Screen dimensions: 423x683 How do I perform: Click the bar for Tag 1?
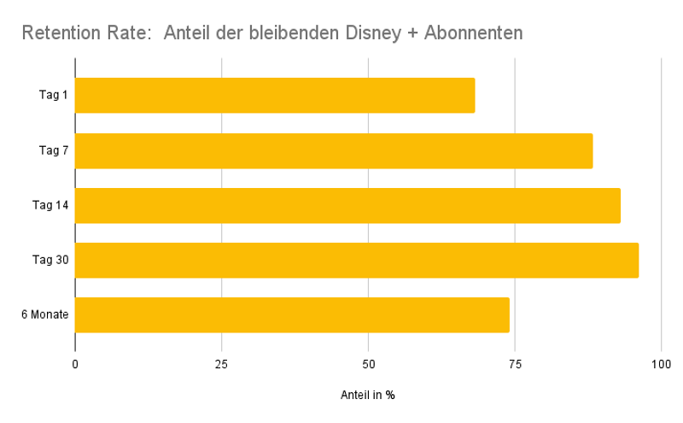275,95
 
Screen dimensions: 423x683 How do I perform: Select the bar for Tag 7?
334,150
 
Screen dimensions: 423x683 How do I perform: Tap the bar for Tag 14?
347,205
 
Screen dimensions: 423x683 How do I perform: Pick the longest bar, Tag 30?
357,260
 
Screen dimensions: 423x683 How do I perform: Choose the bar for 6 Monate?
292,314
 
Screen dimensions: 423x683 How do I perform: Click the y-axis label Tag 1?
54,95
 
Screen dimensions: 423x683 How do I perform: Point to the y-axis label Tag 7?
54,150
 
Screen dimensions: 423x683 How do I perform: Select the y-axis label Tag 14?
50,205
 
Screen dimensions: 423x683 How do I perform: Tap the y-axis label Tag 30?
50,260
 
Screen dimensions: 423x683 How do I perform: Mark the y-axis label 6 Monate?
45,314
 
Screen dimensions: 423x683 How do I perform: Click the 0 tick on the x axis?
75,365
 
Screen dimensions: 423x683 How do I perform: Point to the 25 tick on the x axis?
222,365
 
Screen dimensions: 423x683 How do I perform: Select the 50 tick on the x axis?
368,365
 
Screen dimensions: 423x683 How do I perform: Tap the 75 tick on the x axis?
515,365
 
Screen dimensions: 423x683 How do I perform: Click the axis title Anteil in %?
368,396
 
